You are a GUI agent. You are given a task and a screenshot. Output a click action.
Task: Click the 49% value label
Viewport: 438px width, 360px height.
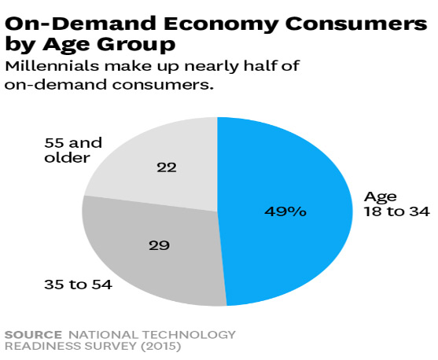click(x=285, y=211)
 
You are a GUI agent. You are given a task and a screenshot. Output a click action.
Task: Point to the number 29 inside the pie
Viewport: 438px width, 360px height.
click(x=160, y=244)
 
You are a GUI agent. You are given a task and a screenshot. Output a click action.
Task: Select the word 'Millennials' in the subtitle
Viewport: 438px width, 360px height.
click(x=48, y=66)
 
